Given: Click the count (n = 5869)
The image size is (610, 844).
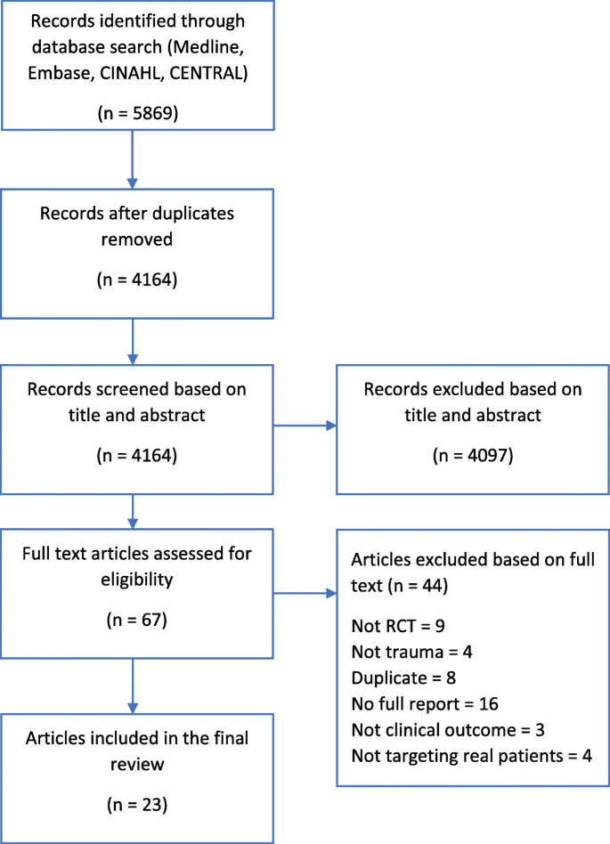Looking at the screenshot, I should click(x=133, y=115).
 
